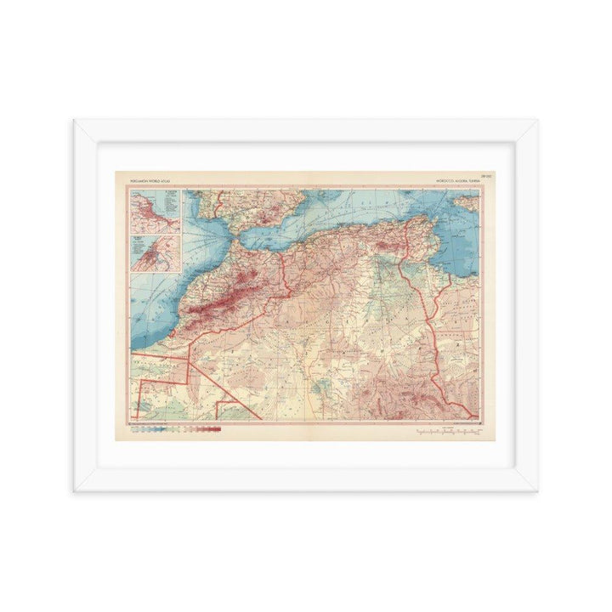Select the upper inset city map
tap(155, 211)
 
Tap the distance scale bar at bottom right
tap(446, 432)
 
